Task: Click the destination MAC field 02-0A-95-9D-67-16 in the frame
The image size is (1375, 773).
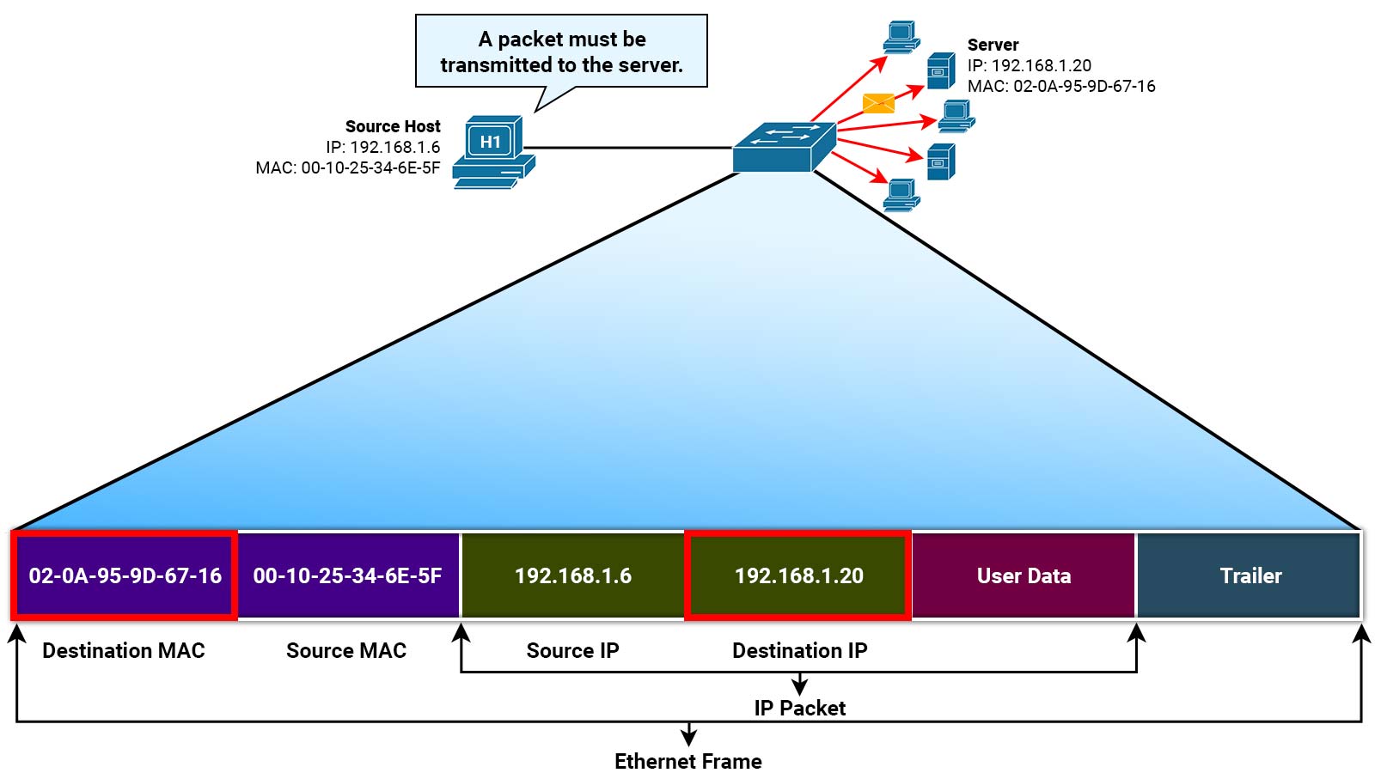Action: click(125, 575)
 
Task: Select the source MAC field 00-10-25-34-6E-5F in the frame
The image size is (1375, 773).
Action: click(347, 575)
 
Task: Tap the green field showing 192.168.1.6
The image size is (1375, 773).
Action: click(572, 575)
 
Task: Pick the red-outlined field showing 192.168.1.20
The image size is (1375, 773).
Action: click(798, 575)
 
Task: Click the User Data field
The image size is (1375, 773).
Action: click(1024, 575)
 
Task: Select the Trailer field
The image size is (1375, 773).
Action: click(1250, 575)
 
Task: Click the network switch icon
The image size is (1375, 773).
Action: click(783, 148)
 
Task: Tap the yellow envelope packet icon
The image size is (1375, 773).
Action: click(878, 103)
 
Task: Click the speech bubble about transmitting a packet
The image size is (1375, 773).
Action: click(561, 52)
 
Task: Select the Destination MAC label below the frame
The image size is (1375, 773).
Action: click(124, 651)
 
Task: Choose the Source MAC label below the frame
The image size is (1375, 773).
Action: click(346, 651)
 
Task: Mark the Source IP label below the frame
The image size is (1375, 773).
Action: click(572, 651)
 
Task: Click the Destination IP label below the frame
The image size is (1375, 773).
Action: click(799, 651)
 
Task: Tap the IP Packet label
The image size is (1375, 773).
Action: click(799, 709)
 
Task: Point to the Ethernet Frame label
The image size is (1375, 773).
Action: click(687, 762)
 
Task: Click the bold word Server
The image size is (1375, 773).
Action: click(993, 45)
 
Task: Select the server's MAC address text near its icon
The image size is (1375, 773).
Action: click(1061, 86)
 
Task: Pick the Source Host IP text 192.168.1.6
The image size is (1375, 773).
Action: click(382, 147)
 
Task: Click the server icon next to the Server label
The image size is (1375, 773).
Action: click(940, 71)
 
